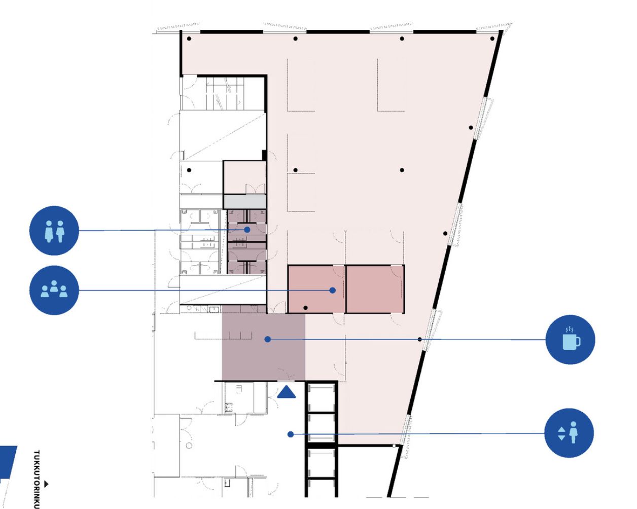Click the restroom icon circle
54,231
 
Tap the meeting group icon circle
54,290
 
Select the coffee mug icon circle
570,340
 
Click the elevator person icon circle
569,433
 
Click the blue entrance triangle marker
287,392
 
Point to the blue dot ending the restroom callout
247,230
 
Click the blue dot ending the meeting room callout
332,290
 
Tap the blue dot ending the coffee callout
268,339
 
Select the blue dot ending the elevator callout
291,434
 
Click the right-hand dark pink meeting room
375,289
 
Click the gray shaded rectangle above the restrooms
244,202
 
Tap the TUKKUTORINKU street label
37,480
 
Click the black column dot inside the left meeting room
305,308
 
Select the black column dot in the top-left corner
189,39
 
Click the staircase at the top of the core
223,93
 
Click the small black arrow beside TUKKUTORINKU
46,484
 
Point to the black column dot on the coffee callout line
419,339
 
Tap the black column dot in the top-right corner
492,39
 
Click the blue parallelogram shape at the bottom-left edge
8,462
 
